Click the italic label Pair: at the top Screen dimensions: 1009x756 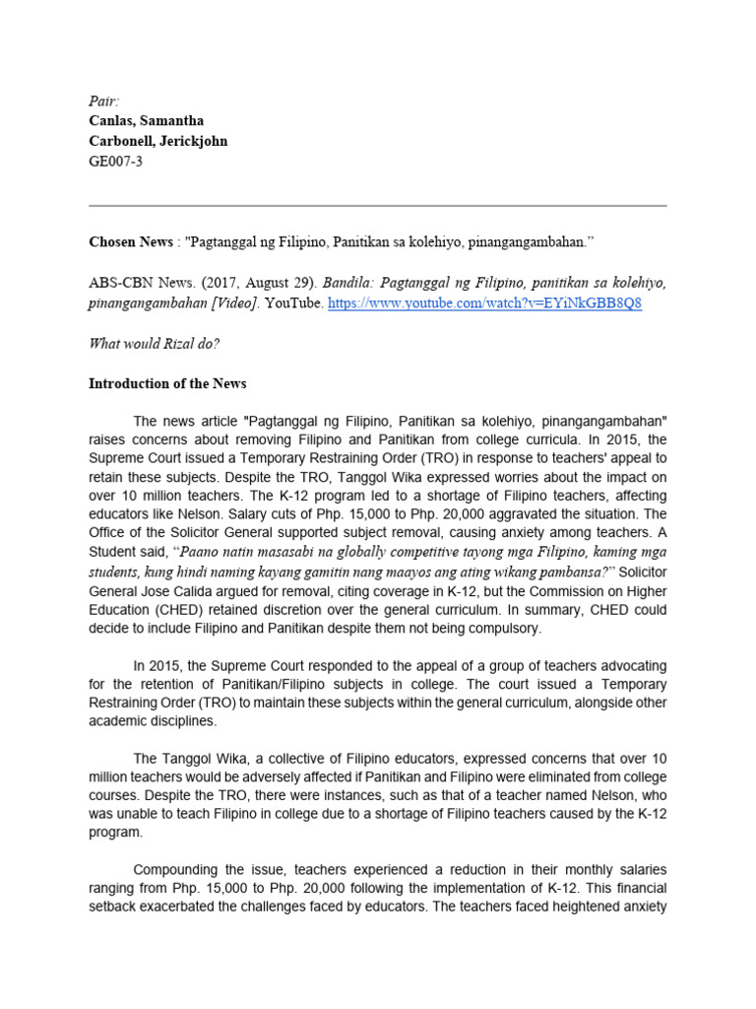[102, 101]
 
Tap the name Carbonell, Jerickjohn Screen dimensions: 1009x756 [157, 141]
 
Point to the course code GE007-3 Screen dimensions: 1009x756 [115, 162]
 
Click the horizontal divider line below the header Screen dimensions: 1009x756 [378, 206]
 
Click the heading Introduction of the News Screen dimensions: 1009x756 [167, 383]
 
